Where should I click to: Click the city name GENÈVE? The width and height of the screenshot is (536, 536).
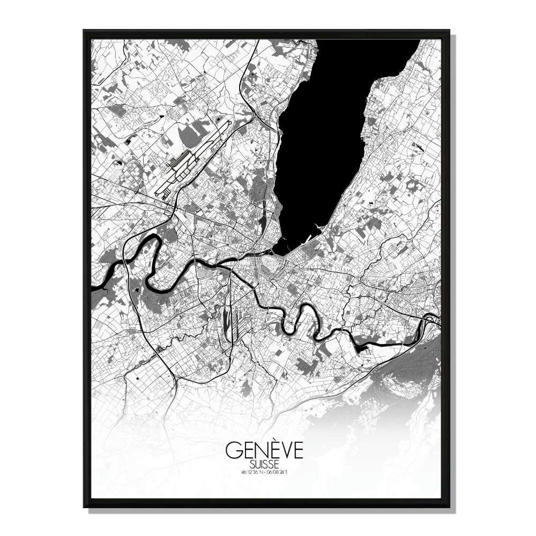pos(264,451)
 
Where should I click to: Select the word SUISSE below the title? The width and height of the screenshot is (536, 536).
pos(264,464)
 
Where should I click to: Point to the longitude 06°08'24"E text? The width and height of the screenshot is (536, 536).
pos(278,472)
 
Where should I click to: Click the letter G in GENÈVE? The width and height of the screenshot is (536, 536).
pos(233,451)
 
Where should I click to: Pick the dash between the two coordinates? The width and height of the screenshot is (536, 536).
pos(265,472)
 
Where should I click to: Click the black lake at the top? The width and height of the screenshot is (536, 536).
pos(322,134)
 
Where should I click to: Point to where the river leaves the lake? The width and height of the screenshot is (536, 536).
pos(276,252)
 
